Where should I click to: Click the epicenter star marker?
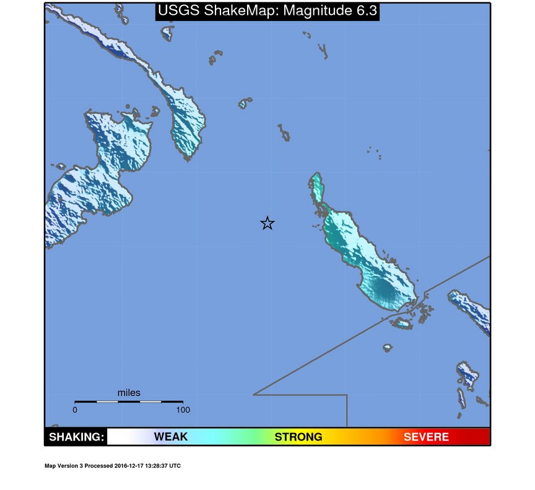tap(267, 223)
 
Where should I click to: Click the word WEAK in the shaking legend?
tap(171, 437)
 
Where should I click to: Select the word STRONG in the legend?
tap(298, 437)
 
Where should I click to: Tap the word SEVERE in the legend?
tap(426, 437)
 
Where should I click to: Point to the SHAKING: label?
tap(76, 437)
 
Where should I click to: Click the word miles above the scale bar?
tap(129, 393)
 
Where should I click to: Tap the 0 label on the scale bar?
tap(75, 410)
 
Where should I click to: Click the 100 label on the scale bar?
tap(183, 410)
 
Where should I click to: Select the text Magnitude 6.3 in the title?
tap(329, 11)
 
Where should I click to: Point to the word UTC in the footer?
tap(175, 466)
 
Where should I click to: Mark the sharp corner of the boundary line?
tap(254, 394)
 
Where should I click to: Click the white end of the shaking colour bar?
tap(115, 437)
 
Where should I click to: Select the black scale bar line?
tap(129, 402)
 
